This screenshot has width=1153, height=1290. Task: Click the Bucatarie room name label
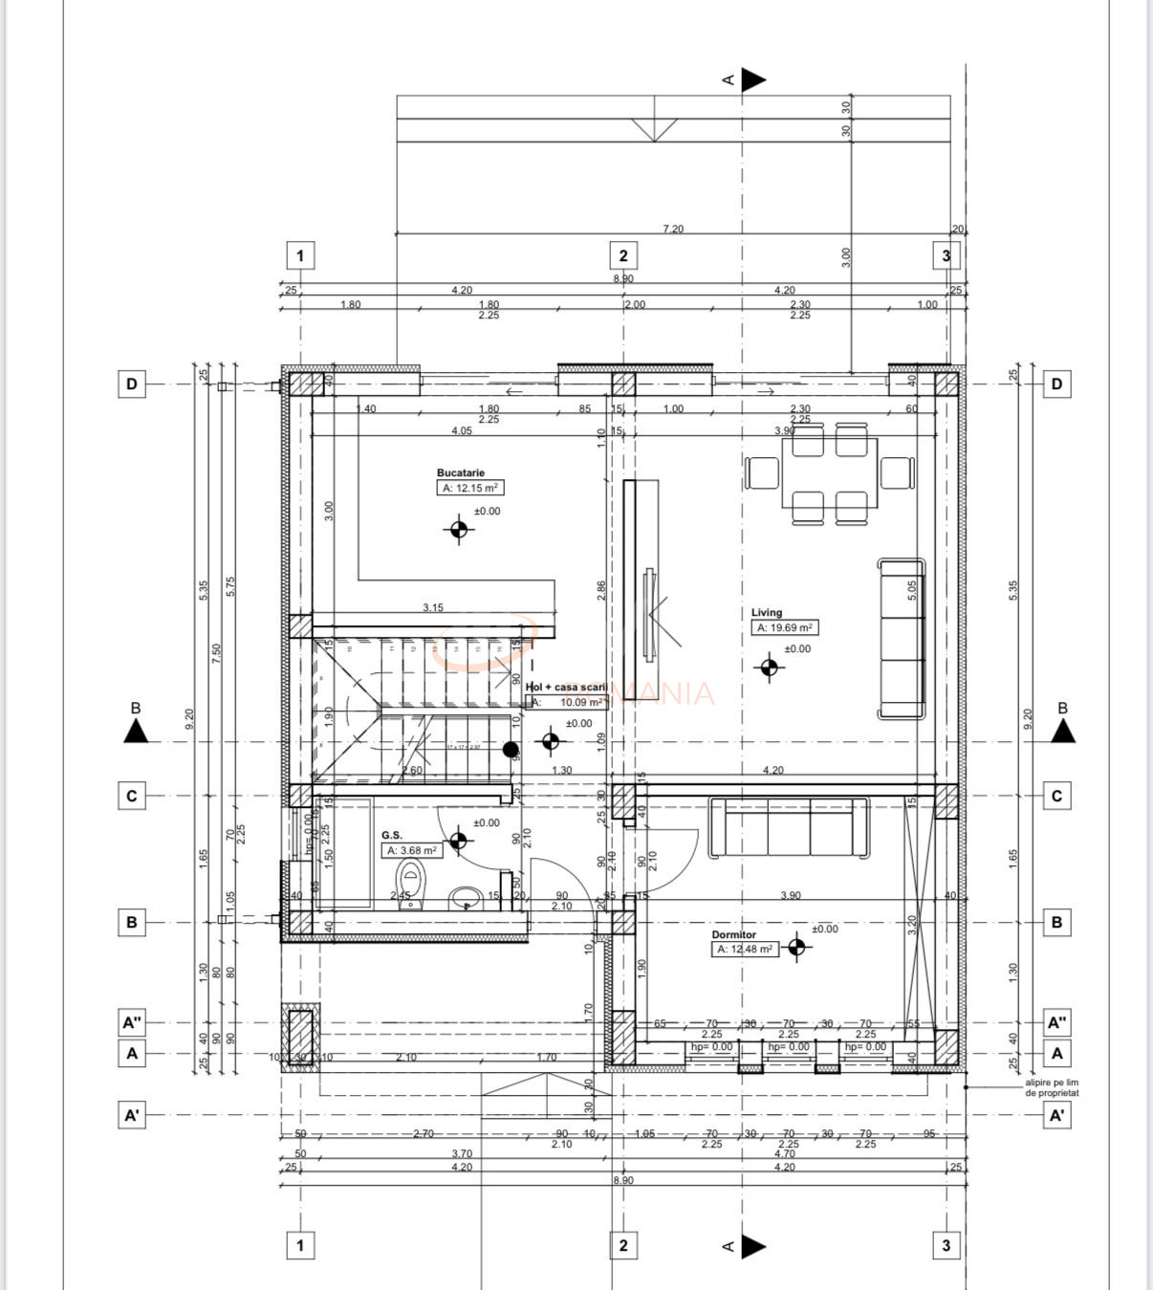point(461,472)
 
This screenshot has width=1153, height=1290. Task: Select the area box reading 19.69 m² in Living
point(785,628)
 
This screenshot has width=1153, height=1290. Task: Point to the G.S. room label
point(391,835)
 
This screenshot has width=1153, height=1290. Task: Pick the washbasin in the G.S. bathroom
point(466,897)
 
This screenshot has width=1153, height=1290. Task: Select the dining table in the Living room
point(829,474)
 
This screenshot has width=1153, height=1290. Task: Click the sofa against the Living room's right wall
point(902,639)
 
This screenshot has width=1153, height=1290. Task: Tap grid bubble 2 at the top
point(623,255)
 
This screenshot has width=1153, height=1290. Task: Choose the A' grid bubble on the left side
point(132,1115)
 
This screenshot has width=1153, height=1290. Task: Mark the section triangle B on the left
point(136,731)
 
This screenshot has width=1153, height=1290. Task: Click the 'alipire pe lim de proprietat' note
point(1052,1087)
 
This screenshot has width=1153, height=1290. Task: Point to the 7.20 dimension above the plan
point(673,230)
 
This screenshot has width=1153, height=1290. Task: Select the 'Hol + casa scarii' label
point(566,687)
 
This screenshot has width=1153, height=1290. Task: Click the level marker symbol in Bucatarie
point(459,529)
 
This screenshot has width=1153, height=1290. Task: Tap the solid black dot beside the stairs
point(511,750)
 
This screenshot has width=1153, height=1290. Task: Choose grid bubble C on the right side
point(1056,796)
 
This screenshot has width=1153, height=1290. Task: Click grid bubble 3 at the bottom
point(946,1245)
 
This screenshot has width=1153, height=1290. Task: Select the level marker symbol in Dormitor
point(796,947)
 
